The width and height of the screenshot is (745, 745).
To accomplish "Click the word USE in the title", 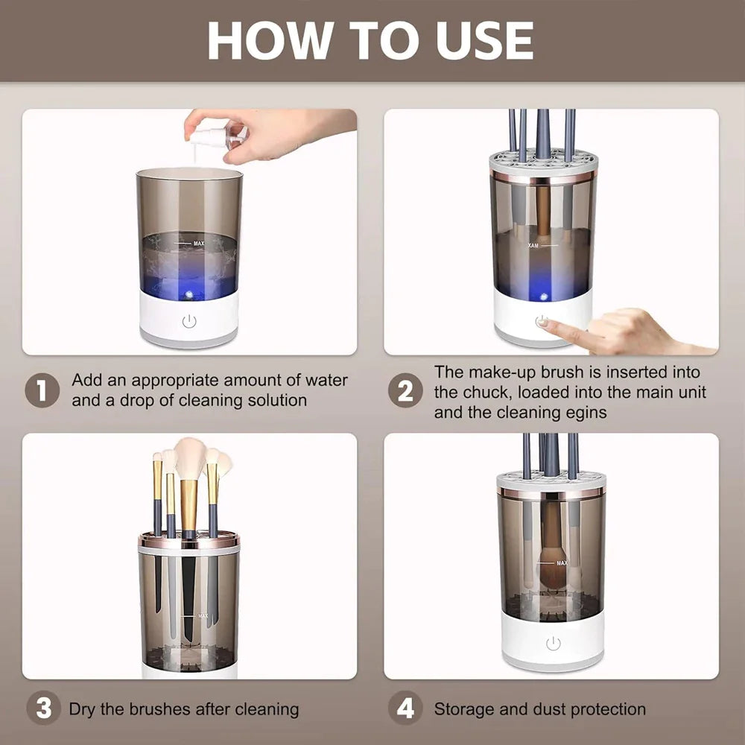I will pos(483,40).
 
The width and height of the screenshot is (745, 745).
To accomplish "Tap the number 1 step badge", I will pos(42,390).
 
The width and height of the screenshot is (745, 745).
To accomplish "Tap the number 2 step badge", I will pos(405,390).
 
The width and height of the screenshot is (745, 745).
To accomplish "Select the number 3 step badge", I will pos(42,708).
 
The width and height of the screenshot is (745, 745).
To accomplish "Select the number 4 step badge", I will pos(405,708).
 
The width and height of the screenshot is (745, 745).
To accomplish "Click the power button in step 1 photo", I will pos(189,322).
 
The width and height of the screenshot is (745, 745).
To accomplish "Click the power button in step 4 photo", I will pos(552,644).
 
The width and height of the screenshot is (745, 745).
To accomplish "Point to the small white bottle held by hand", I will pos(216,139).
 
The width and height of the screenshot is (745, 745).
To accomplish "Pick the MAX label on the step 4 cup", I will pos(561,562).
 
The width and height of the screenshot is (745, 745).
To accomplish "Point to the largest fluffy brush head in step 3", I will pos(190,460).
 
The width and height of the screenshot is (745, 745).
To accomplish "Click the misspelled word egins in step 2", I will pos(589,412).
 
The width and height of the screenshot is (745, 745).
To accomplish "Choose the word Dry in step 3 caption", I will pos(82,709).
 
